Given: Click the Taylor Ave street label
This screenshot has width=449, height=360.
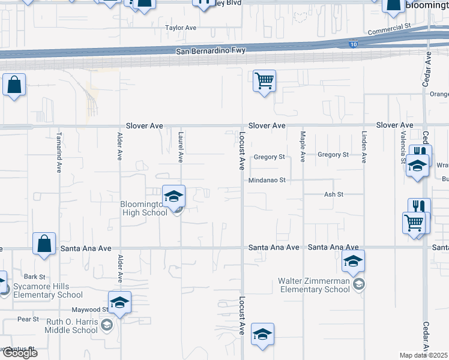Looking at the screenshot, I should [x=181, y=28].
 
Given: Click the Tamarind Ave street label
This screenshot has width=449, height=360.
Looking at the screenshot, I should [x=59, y=146].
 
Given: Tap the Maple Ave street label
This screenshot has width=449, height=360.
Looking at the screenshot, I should [x=303, y=146].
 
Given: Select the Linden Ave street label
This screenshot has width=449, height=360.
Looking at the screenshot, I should [x=364, y=147].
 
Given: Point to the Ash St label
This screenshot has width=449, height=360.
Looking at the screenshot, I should [x=333, y=194].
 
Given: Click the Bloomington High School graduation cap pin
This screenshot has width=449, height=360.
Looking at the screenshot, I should [x=173, y=196].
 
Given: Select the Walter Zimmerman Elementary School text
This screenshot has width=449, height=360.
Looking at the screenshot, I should [x=313, y=285].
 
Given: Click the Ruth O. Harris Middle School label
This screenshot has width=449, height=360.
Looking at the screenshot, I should [x=71, y=326].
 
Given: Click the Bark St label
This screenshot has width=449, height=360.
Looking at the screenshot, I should [x=34, y=277].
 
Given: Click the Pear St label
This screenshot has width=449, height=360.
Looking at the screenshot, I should [x=28, y=319].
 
